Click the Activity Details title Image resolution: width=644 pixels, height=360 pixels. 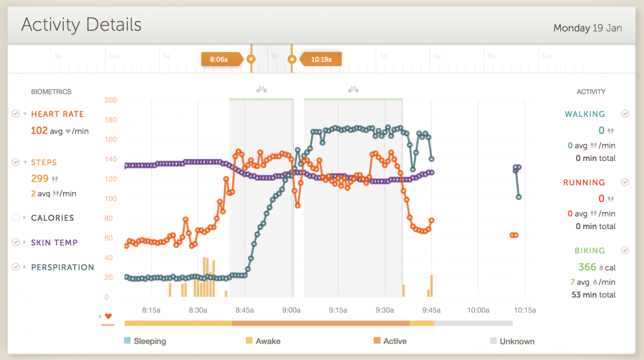point(81,25)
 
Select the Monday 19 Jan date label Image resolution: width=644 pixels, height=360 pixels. point(588,28)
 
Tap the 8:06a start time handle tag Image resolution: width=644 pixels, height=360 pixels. point(218,60)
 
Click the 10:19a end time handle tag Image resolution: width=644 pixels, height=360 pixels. point(321,60)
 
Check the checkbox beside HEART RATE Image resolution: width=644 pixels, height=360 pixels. point(16,114)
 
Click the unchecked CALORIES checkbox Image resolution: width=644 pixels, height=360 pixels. point(16,218)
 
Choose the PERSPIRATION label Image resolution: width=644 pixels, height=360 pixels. point(62,267)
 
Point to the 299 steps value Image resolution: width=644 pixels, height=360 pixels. point(39,178)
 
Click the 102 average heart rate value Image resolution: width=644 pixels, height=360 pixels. point(39,130)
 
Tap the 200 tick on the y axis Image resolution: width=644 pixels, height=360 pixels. point(111,100)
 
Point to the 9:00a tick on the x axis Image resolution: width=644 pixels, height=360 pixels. point(291,310)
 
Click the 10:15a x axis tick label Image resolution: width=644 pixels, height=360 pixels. point(524,310)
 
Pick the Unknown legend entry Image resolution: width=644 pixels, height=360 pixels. point(517,341)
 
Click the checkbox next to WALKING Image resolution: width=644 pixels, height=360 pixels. point(625,114)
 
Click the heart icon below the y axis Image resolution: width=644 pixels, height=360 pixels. point(108,316)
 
